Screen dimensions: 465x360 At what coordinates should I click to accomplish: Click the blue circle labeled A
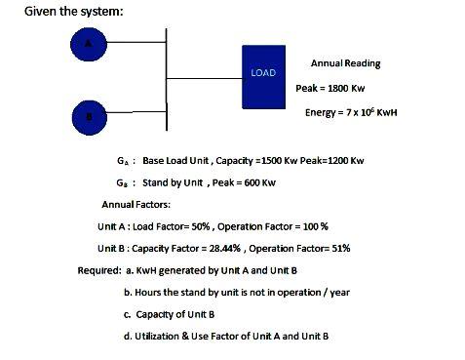[x=89, y=44]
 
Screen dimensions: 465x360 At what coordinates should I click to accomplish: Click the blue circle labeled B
[x=89, y=116]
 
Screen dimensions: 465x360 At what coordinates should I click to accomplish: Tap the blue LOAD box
[x=262, y=73]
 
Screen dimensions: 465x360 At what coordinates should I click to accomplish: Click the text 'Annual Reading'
[x=345, y=63]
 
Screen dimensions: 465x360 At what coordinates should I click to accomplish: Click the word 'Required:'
[x=99, y=269]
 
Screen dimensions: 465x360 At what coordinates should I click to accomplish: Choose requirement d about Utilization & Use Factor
[x=225, y=337]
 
